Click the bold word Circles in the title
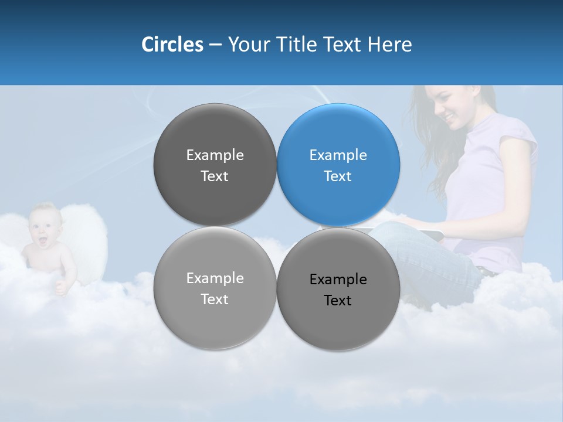click(172, 45)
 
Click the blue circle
click(338, 165)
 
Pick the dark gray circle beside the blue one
click(215, 165)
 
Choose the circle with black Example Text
click(338, 289)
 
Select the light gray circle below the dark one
click(215, 288)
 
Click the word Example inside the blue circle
click(338, 155)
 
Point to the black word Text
click(338, 301)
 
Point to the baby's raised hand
click(60, 287)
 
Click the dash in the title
click(215, 45)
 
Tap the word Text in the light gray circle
click(215, 299)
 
